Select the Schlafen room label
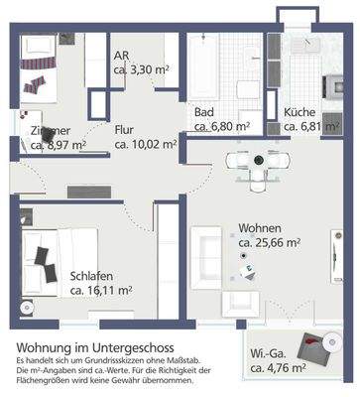pos(90,277)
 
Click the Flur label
pos(123,128)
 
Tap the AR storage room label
pos(122,56)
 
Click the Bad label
pos(204,111)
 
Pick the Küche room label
pos(300,111)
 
